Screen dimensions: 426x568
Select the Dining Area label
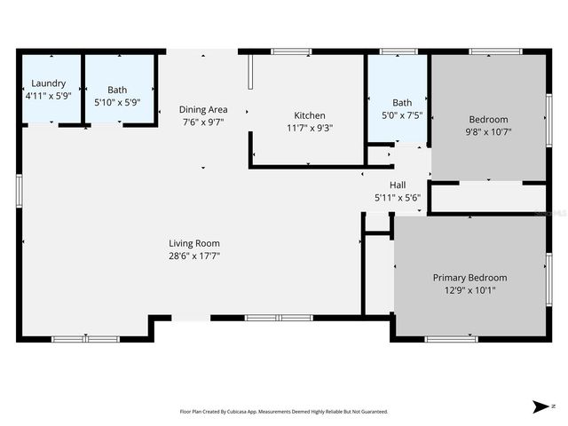pos(204,109)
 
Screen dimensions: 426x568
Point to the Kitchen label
pos(310,115)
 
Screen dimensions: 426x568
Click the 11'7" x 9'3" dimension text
pos(310,128)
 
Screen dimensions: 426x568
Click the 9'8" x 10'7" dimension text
pos(488,131)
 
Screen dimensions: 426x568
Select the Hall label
pos(398,185)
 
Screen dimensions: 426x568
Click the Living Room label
pos(194,243)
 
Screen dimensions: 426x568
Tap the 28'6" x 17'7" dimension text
pos(194,256)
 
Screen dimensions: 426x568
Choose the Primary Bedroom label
pos(469,277)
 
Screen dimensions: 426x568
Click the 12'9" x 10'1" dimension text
pos(469,289)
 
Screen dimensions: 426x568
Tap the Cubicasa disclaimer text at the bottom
pos(283,412)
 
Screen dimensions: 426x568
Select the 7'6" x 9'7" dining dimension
pos(204,122)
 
